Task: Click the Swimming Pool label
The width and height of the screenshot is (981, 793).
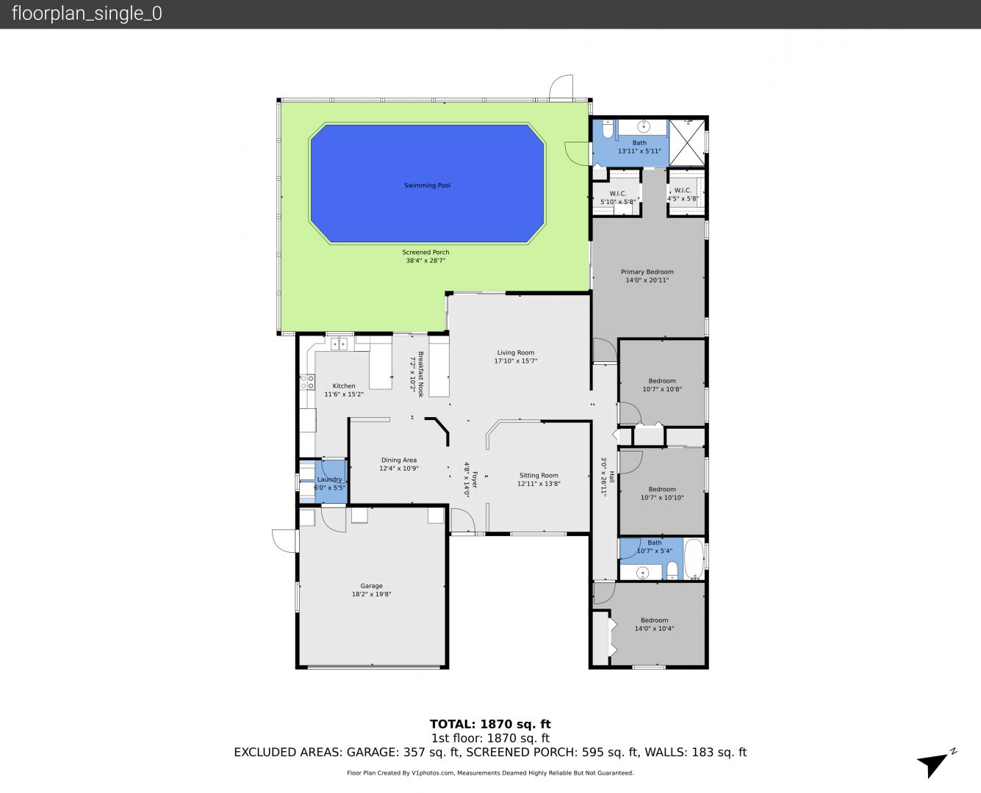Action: [427, 186]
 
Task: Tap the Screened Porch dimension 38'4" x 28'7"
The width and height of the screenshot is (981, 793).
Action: [425, 261]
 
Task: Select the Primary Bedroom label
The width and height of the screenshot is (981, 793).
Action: [647, 272]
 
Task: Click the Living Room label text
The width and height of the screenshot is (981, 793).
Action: [515, 353]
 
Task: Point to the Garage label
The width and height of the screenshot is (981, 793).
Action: [371, 586]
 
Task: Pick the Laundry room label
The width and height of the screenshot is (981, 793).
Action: [329, 479]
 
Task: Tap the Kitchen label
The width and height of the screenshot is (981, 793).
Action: [344, 386]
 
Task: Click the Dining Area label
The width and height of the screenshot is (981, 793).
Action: [399, 460]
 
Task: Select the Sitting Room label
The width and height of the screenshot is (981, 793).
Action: [539, 475]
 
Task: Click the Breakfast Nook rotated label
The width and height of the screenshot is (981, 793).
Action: [420, 374]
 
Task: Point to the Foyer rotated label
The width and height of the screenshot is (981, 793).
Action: [475, 480]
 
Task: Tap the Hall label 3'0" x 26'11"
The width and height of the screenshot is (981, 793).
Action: [603, 477]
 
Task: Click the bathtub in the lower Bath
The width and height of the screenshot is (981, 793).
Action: [693, 560]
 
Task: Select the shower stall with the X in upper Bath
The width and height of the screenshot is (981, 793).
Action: [686, 142]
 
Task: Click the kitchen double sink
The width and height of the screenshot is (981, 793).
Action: [339, 344]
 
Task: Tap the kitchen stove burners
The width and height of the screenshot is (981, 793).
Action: [307, 382]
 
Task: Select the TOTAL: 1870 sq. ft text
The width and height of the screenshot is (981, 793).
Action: [490, 725]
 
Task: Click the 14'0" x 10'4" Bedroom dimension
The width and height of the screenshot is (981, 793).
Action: [654, 629]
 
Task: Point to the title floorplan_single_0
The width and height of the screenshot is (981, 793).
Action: [87, 14]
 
